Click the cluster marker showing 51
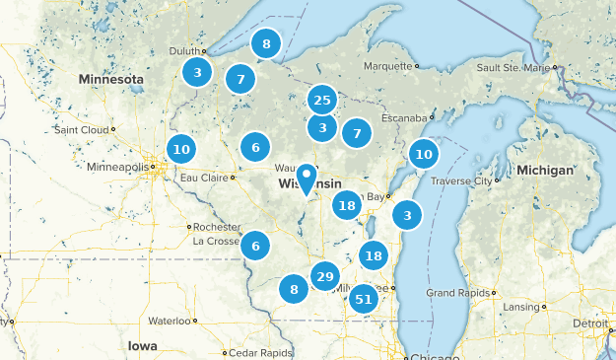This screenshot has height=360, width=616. (364, 299)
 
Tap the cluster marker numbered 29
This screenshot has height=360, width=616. (325, 277)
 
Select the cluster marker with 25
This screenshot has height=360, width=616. (321, 100)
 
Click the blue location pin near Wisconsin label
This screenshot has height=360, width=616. (307, 179)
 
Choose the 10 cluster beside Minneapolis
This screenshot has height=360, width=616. (180, 150)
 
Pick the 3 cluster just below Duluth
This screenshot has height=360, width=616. (198, 72)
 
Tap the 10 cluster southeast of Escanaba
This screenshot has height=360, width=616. (424, 154)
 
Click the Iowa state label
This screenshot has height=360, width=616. (142, 345)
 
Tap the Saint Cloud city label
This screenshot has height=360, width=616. (83, 129)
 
